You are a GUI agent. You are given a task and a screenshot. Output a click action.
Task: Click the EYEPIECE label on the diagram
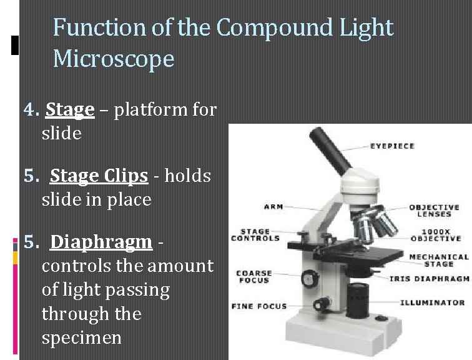[392, 146]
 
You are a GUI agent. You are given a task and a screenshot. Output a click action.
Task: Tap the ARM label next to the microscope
[273, 207]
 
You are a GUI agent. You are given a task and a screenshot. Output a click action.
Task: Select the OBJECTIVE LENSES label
[434, 211]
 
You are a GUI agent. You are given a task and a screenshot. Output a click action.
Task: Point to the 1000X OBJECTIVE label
[436, 235]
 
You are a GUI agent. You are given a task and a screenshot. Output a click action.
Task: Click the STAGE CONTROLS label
[255, 235]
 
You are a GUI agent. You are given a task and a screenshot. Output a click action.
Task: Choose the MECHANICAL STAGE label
[438, 260]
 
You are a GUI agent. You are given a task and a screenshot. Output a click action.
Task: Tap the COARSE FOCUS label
[253, 277]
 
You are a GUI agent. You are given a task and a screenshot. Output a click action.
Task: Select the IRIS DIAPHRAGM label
[429, 279]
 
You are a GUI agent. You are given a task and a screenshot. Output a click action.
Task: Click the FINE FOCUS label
[258, 306]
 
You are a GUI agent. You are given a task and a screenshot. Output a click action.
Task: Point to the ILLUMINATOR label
[432, 302]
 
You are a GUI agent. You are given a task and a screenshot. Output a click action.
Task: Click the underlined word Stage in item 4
[69, 110]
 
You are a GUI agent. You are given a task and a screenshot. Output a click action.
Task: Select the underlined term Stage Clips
[99, 176]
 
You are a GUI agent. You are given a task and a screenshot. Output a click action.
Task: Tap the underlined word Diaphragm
[101, 242]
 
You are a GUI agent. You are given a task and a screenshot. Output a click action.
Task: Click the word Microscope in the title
[113, 59]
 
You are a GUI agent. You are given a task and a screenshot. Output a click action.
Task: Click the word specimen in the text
[81, 338]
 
